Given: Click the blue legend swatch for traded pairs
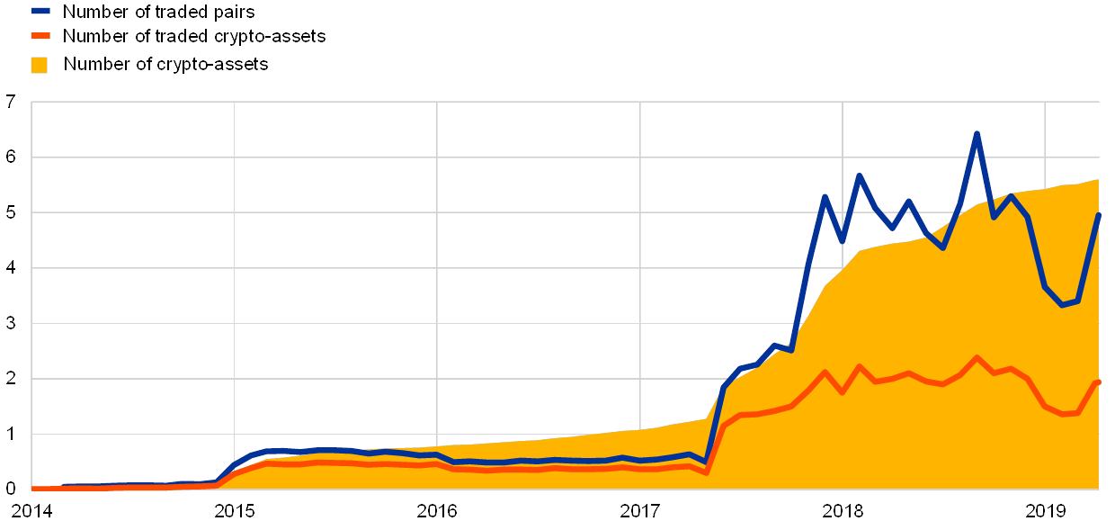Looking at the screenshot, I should pyautogui.click(x=40, y=12).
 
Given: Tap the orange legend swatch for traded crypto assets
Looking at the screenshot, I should pyautogui.click(x=40, y=36).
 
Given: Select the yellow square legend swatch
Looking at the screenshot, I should pyautogui.click(x=40, y=65).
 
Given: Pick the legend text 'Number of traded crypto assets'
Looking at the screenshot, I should pyautogui.click(x=195, y=37).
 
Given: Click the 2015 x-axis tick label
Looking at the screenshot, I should pyautogui.click(x=234, y=512).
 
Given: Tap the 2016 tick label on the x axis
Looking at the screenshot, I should pyautogui.click(x=437, y=512).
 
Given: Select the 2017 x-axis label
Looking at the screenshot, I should pyautogui.click(x=640, y=512).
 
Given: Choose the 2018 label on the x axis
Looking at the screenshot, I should pyautogui.click(x=843, y=512).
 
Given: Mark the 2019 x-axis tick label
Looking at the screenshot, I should pyautogui.click(x=1046, y=512).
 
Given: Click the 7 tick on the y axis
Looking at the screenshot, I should pyautogui.click(x=11, y=103).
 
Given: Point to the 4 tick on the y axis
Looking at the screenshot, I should pyautogui.click(x=11, y=268).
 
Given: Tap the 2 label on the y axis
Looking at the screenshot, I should pyautogui.click(x=11, y=379).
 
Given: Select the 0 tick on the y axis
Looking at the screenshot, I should pyautogui.click(x=11, y=489).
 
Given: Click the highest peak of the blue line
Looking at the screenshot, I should pyautogui.click(x=977, y=134).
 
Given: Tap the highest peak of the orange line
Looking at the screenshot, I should pyautogui.click(x=977, y=358).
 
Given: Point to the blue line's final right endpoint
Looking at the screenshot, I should pyautogui.click(x=1098, y=215).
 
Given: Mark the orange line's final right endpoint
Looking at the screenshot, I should pyautogui.click(x=1098, y=382).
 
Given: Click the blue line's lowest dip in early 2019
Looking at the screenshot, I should pyautogui.click(x=1062, y=305).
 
